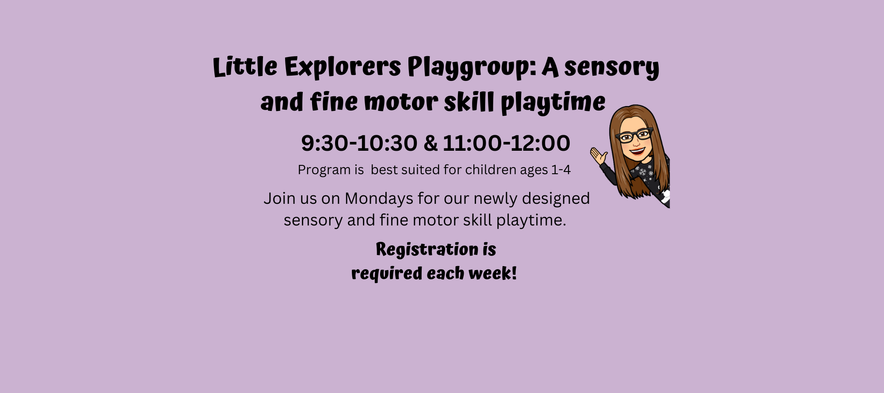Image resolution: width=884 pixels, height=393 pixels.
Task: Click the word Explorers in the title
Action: [x=342, y=68]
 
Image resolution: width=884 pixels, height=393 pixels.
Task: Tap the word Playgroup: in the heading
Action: [x=472, y=68]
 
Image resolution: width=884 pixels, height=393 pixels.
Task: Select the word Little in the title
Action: [x=245, y=67]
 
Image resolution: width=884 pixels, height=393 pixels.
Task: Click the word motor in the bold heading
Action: [x=401, y=102]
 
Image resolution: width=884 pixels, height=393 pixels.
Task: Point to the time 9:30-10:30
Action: [x=359, y=143]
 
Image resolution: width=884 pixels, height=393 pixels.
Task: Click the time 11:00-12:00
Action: [x=507, y=143]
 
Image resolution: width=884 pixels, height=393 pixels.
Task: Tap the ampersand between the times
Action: [x=430, y=143]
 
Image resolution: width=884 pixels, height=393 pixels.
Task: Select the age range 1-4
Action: [x=561, y=170]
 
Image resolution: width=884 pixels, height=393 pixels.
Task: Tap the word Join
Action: [x=279, y=198]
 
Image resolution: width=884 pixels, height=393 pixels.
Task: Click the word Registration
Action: [x=427, y=250]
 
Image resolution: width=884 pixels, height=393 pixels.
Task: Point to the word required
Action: [x=387, y=274]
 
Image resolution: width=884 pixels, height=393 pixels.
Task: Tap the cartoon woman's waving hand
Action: [x=599, y=156]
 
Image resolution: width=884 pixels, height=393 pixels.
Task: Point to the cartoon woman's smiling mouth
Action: [x=637, y=151]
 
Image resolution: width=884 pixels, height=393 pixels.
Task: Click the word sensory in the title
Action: [x=612, y=68]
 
